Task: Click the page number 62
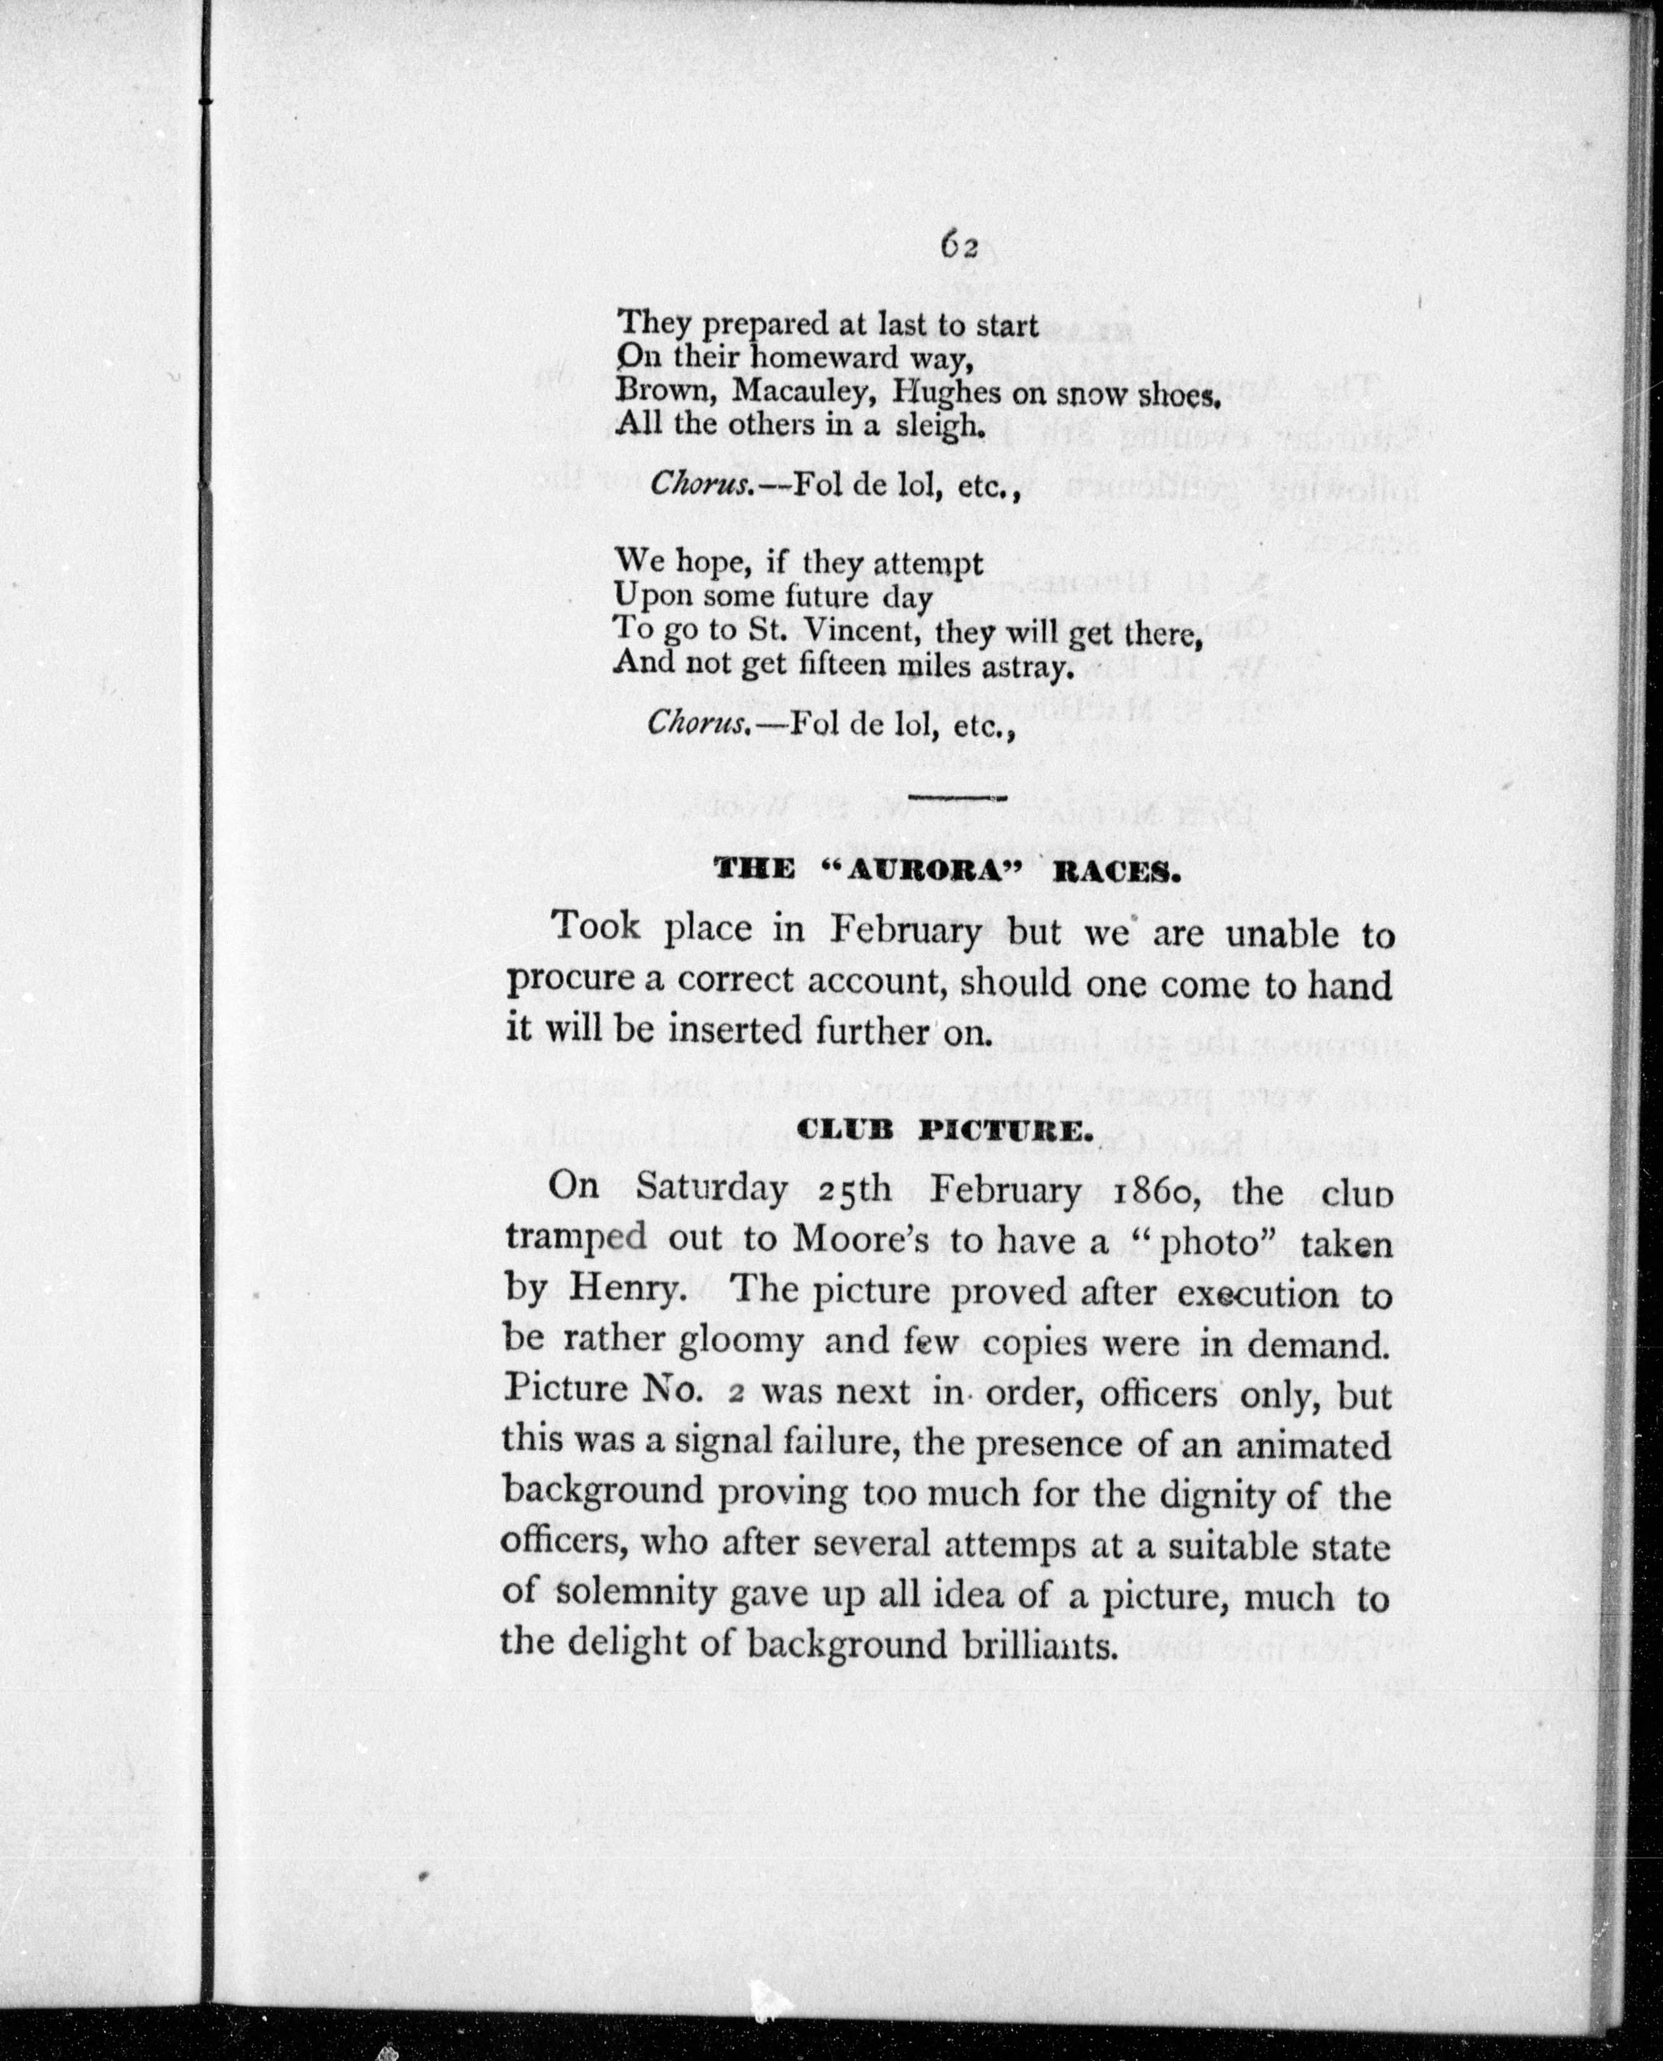tap(958, 246)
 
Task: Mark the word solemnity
tap(635, 1596)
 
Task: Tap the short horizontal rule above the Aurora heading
tap(955, 797)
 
